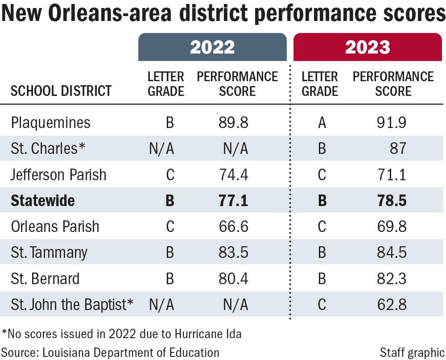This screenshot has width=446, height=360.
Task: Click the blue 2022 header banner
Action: click(x=212, y=47)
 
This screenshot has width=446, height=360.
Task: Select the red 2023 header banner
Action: click(x=368, y=47)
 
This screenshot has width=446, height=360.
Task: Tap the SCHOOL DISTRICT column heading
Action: click(x=61, y=91)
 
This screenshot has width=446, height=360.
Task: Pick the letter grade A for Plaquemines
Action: click(x=322, y=123)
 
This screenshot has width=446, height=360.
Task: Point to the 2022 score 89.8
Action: click(x=233, y=123)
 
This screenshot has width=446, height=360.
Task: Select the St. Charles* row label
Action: click(x=48, y=149)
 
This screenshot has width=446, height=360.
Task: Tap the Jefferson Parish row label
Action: click(x=58, y=174)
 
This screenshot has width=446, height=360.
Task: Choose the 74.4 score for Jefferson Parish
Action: click(x=233, y=174)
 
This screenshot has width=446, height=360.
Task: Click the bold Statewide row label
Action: click(x=43, y=201)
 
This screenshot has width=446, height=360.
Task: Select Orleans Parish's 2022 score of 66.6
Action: click(x=233, y=227)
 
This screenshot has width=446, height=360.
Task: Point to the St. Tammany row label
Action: click(x=49, y=252)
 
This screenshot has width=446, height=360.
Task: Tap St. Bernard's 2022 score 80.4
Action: click(x=233, y=278)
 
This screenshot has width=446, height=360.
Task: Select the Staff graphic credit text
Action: click(x=412, y=352)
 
